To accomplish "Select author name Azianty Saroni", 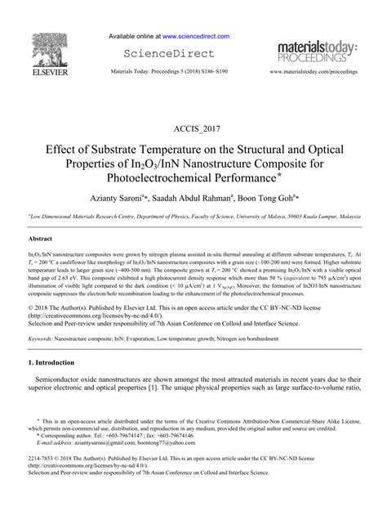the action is point(121,199).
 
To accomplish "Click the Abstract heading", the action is point(41,238).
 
